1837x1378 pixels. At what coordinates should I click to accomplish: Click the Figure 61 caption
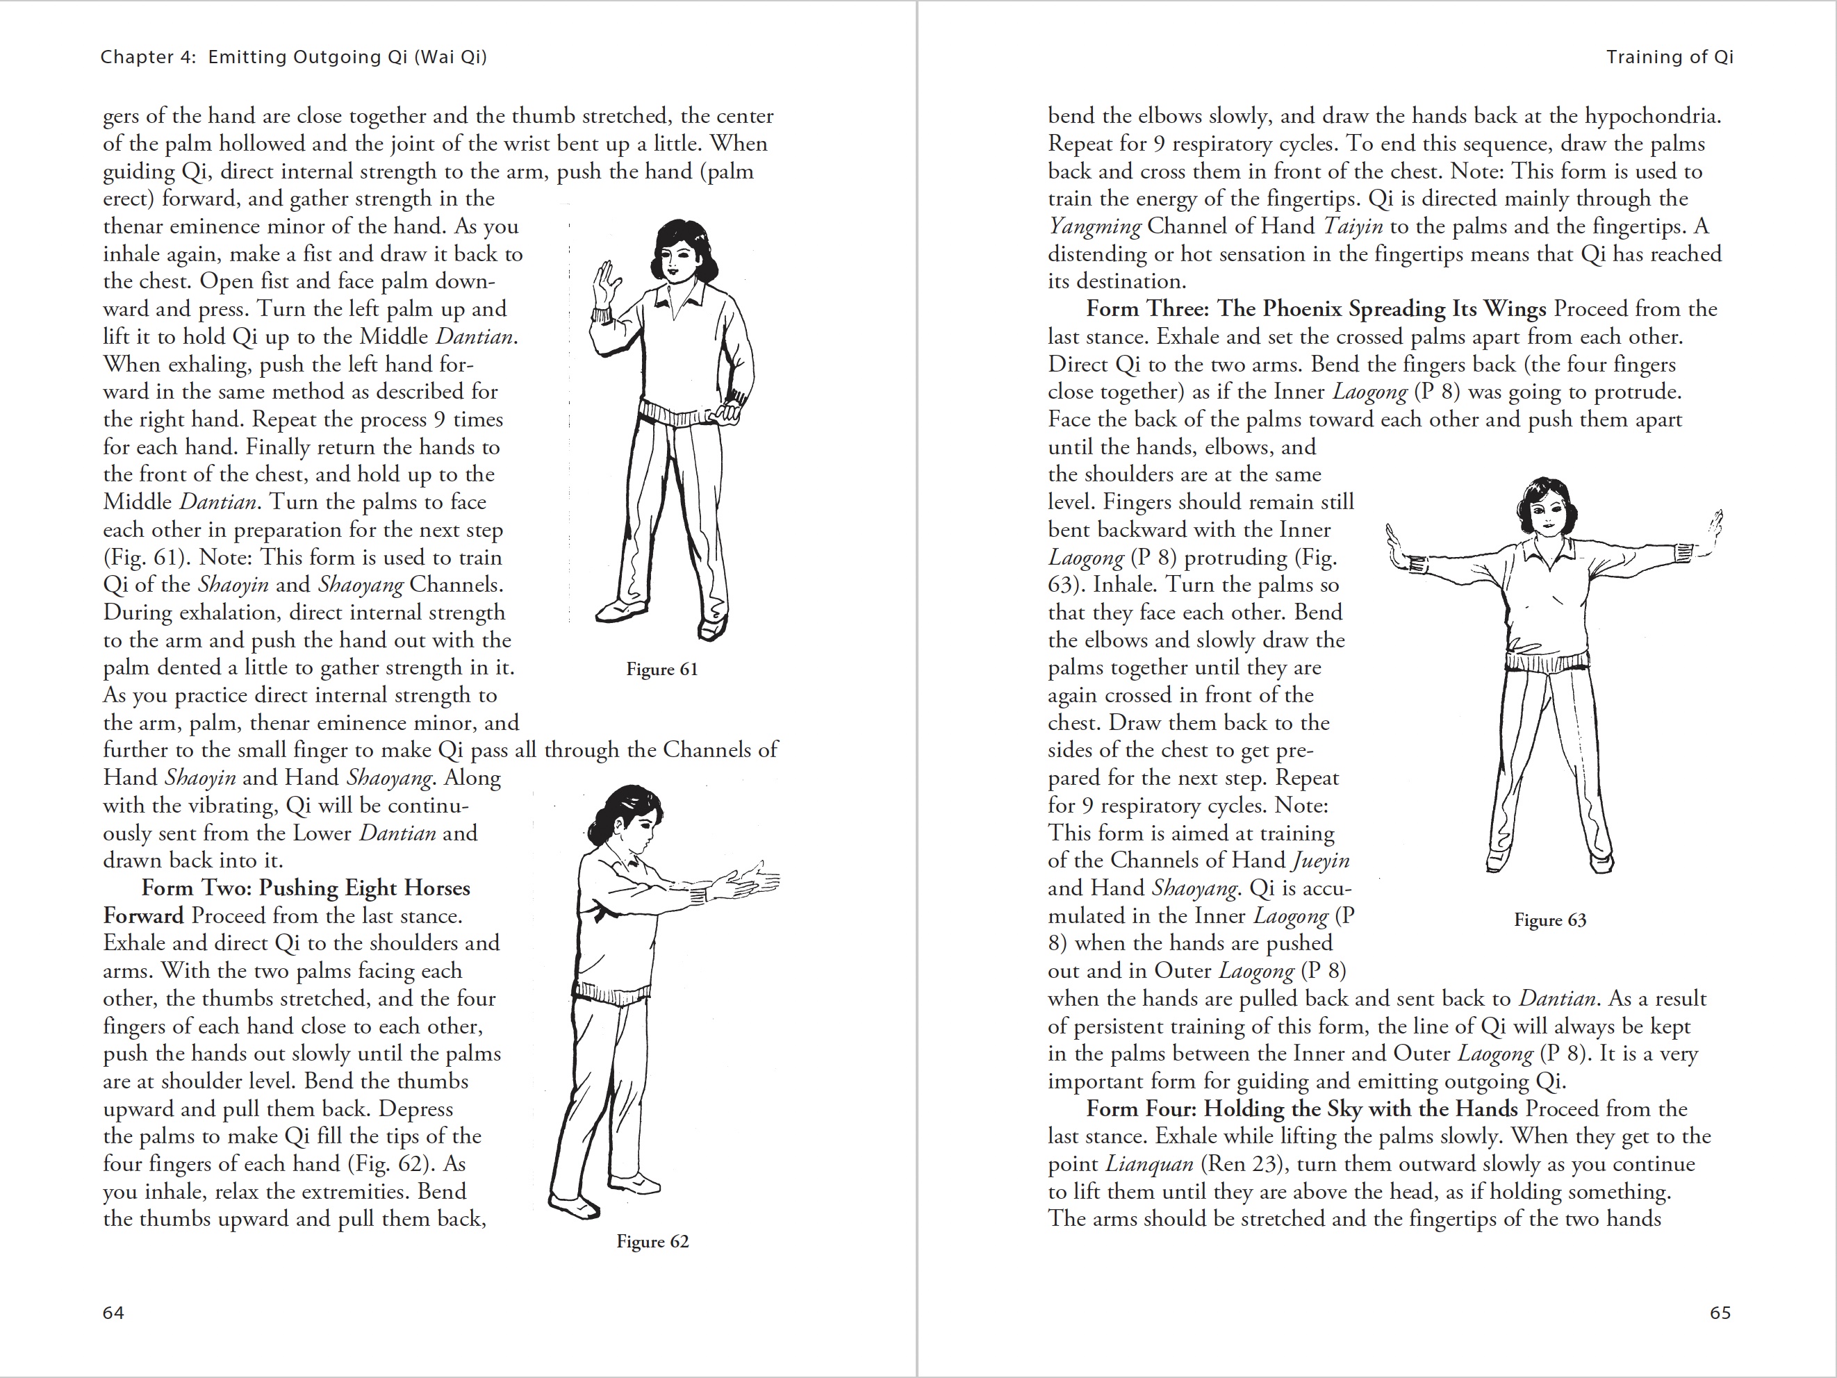tap(662, 669)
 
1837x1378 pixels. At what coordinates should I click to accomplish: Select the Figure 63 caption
tap(1549, 920)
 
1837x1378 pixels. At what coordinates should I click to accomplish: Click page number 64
tap(113, 1313)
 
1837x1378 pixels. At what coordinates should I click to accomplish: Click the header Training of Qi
tap(1670, 57)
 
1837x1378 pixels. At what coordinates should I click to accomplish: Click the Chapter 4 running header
tap(293, 57)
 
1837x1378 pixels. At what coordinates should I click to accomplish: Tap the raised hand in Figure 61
tap(609, 282)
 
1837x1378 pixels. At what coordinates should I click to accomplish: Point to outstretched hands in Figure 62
tap(748, 882)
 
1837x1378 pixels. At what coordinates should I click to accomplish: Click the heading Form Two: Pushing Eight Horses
tap(306, 888)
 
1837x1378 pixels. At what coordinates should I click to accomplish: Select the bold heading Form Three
tap(1315, 309)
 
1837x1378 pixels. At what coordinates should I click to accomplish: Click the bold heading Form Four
tap(1301, 1109)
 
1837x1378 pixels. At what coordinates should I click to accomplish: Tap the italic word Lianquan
tap(1149, 1164)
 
